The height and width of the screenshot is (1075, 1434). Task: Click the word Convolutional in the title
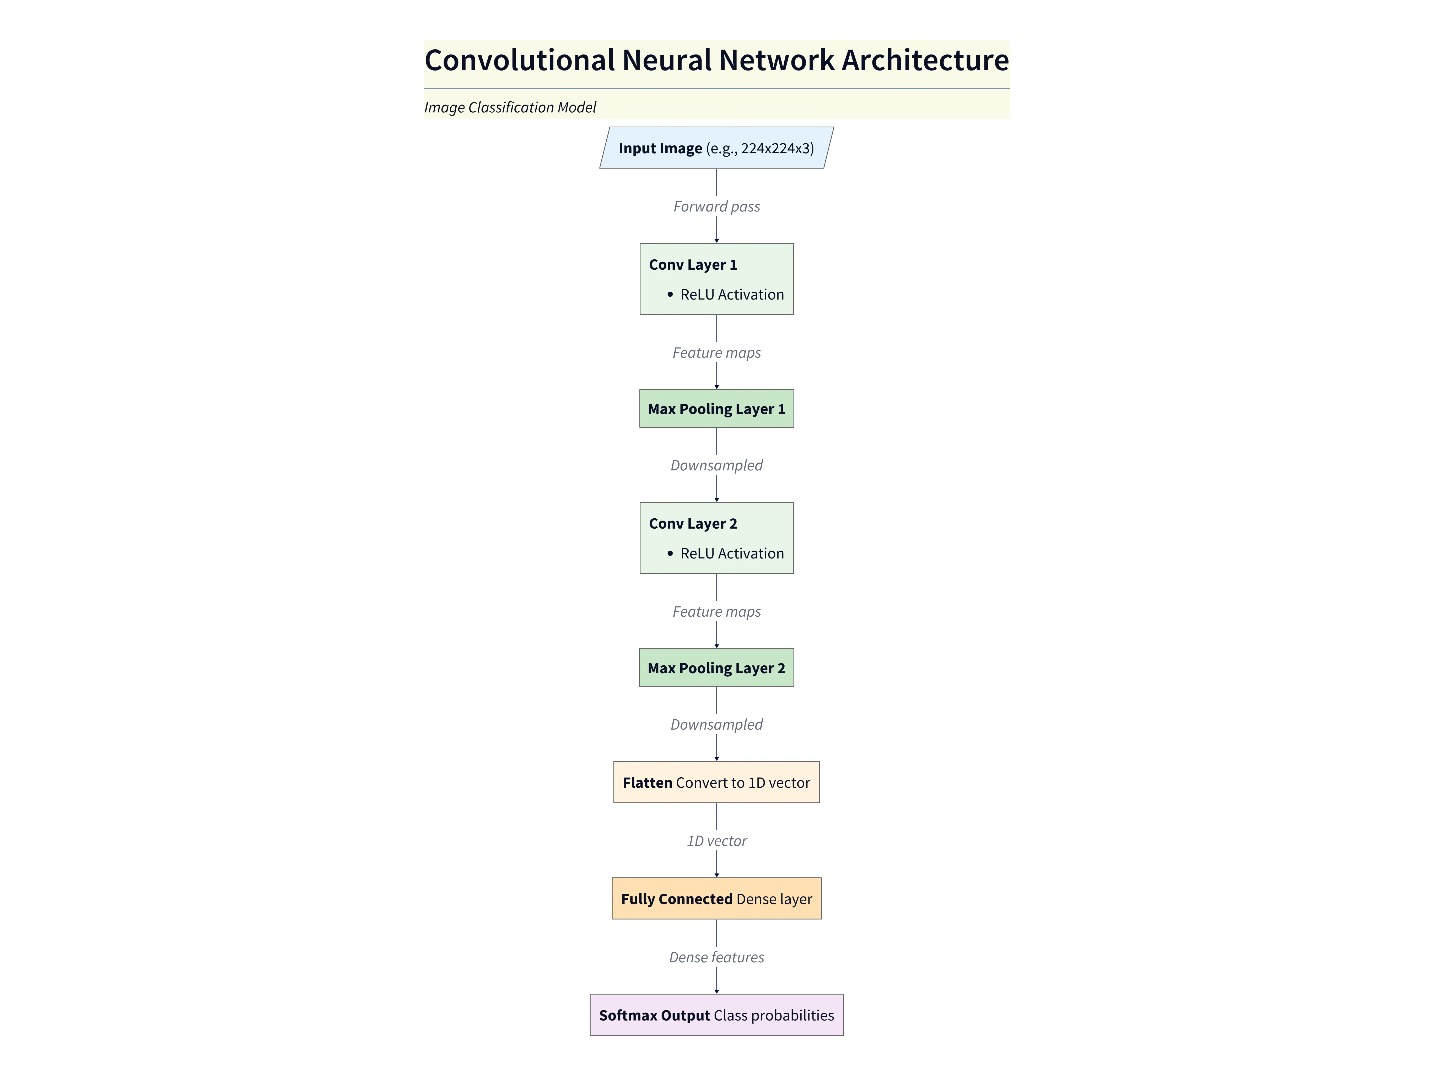(x=519, y=60)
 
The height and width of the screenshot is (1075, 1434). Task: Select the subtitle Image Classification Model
(x=510, y=107)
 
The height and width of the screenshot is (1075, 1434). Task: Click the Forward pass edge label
(x=716, y=207)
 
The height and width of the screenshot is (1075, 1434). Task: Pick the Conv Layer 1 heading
(x=692, y=265)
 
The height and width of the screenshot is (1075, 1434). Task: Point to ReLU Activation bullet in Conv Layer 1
(x=731, y=295)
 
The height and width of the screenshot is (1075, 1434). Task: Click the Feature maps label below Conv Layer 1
(x=716, y=353)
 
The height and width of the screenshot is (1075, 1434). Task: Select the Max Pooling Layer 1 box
(x=716, y=409)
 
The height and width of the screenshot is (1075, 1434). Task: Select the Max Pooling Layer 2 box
(x=716, y=668)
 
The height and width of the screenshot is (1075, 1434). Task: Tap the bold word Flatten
(x=647, y=783)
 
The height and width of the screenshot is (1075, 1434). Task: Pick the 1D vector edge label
(x=716, y=841)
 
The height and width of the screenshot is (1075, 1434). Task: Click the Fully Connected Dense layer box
(x=716, y=899)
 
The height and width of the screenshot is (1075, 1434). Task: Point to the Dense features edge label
(x=716, y=958)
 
